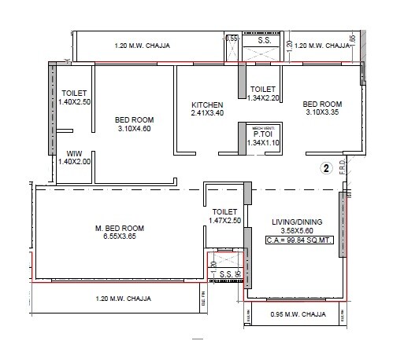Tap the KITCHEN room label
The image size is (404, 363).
click(x=208, y=104)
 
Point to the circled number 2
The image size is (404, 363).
click(x=324, y=167)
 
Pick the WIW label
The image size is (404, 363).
click(x=74, y=152)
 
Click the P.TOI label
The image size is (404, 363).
click(x=263, y=135)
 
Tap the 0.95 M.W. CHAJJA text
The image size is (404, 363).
click(x=291, y=314)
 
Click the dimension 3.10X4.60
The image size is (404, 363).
click(x=134, y=129)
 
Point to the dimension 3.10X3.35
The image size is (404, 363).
click(x=322, y=112)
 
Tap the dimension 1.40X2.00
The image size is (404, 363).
click(x=74, y=161)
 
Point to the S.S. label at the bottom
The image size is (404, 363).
click(x=225, y=273)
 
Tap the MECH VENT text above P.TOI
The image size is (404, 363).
click(x=262, y=127)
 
